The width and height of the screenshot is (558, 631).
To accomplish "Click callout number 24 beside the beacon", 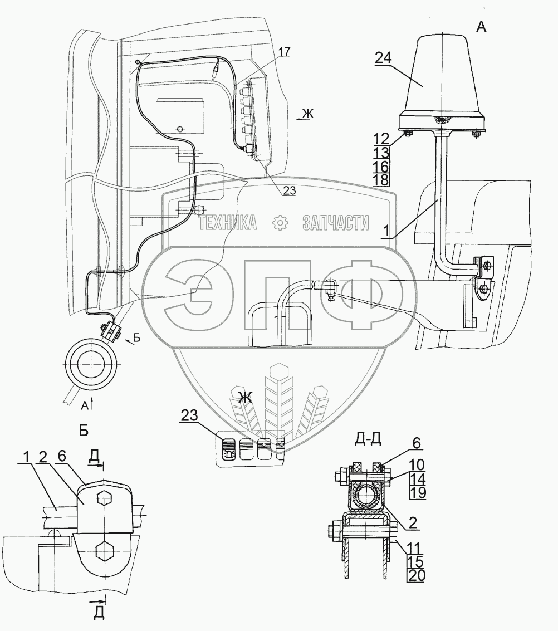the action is click(383, 58).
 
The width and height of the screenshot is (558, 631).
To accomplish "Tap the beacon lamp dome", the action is click(442, 76).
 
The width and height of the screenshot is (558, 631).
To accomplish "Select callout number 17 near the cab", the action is click(284, 52).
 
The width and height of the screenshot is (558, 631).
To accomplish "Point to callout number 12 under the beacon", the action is click(381, 139).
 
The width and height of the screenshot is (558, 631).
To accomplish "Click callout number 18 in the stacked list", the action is click(381, 180).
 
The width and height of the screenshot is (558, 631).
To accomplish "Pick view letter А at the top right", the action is click(481, 27).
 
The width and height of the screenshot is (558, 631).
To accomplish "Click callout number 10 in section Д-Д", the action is click(417, 465).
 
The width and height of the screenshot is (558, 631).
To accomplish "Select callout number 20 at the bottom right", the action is click(417, 575).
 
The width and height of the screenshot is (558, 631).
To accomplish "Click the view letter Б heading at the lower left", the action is click(84, 431).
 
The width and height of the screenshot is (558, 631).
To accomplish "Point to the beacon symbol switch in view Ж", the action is click(228, 449).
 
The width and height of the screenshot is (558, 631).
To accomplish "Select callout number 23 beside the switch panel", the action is click(189, 415).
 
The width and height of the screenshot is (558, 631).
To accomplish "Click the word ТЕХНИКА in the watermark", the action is click(228, 223).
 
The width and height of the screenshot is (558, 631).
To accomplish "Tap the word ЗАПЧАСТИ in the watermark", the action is click(335, 223).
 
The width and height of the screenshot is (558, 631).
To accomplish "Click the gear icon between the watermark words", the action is click(280, 223).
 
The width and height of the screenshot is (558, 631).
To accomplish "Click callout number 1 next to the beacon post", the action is click(386, 231).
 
